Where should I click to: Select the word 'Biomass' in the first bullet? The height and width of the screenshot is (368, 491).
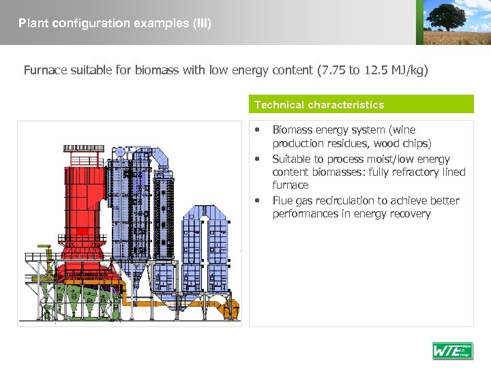pyautogui.click(x=291, y=129)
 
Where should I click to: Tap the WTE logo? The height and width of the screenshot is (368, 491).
pyautogui.click(x=452, y=350)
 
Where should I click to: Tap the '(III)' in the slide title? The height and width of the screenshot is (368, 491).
pyautogui.click(x=203, y=23)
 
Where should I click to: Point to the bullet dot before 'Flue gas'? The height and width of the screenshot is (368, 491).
pyautogui.click(x=257, y=200)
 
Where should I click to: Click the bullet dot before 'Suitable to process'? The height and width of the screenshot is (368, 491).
pyautogui.click(x=257, y=159)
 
